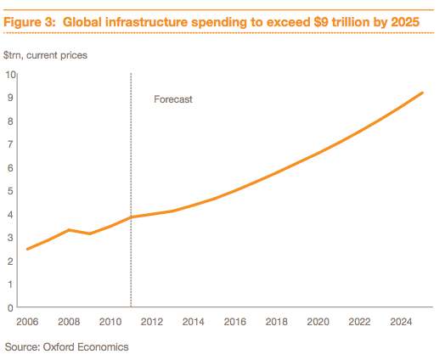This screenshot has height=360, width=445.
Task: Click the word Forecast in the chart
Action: click(173, 99)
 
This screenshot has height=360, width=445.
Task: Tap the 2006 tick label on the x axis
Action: click(27, 322)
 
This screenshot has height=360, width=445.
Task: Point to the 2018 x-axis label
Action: click(276, 322)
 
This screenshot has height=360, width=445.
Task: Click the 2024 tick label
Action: click(401, 322)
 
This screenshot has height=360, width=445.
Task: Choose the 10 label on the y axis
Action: click(12, 74)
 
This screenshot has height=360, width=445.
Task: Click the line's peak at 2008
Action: click(69, 230)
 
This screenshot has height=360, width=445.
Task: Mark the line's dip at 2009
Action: click(89, 233)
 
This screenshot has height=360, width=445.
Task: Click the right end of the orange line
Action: click(422, 93)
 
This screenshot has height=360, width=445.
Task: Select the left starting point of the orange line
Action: click(27, 249)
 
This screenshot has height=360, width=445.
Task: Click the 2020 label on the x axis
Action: click(318, 322)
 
